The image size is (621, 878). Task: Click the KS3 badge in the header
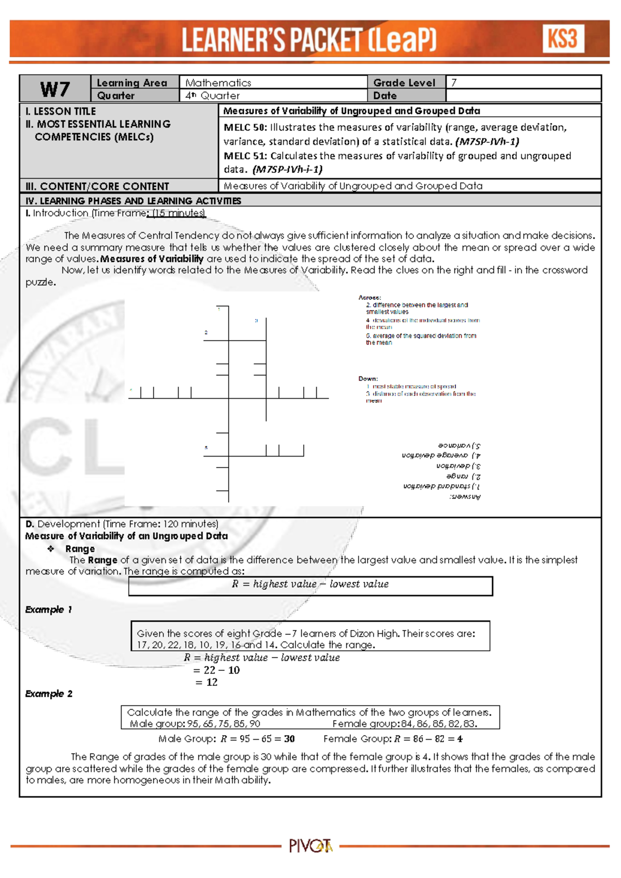563,39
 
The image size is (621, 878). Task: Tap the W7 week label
55,89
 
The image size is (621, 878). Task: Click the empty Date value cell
523,96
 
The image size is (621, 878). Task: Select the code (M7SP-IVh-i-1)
288,169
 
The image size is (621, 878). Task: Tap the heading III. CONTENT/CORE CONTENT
97,186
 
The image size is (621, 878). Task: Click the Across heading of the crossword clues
369,298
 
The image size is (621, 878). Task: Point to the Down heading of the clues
368,378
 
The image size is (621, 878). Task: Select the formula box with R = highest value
310,585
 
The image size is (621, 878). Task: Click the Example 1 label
48,610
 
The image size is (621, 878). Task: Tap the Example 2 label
49,694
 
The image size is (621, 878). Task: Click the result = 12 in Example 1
206,682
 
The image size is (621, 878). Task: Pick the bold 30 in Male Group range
289,739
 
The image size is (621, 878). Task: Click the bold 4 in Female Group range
460,739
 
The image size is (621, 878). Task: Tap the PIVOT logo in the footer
310,846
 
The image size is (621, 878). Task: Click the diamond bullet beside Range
51,549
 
